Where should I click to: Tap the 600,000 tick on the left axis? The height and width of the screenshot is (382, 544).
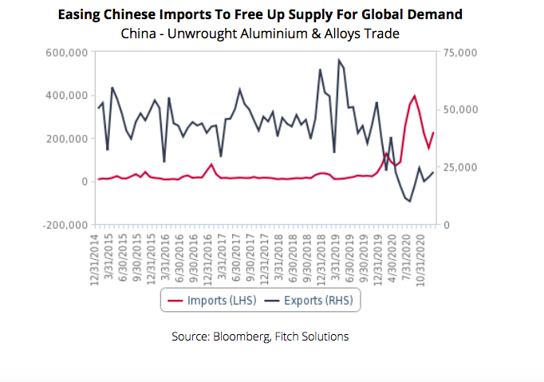tap(65, 53)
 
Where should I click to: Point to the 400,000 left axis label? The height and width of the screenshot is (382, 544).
tap(65, 96)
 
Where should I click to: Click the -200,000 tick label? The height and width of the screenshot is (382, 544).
tap(63, 225)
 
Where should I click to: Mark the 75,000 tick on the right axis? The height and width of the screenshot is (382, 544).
tap(459, 53)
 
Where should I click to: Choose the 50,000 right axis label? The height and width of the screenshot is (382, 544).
tap(459, 110)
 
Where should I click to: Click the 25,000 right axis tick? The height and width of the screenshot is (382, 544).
tap(459, 167)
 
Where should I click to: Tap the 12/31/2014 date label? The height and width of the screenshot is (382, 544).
tap(95, 257)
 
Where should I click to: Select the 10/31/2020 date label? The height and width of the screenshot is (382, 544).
tap(424, 257)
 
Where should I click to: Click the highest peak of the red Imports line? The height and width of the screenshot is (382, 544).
tap(415, 96)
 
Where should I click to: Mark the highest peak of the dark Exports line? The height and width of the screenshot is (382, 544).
tap(339, 60)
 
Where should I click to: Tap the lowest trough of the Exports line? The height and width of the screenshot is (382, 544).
tap(410, 202)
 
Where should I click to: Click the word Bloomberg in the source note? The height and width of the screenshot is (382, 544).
tap(244, 337)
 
